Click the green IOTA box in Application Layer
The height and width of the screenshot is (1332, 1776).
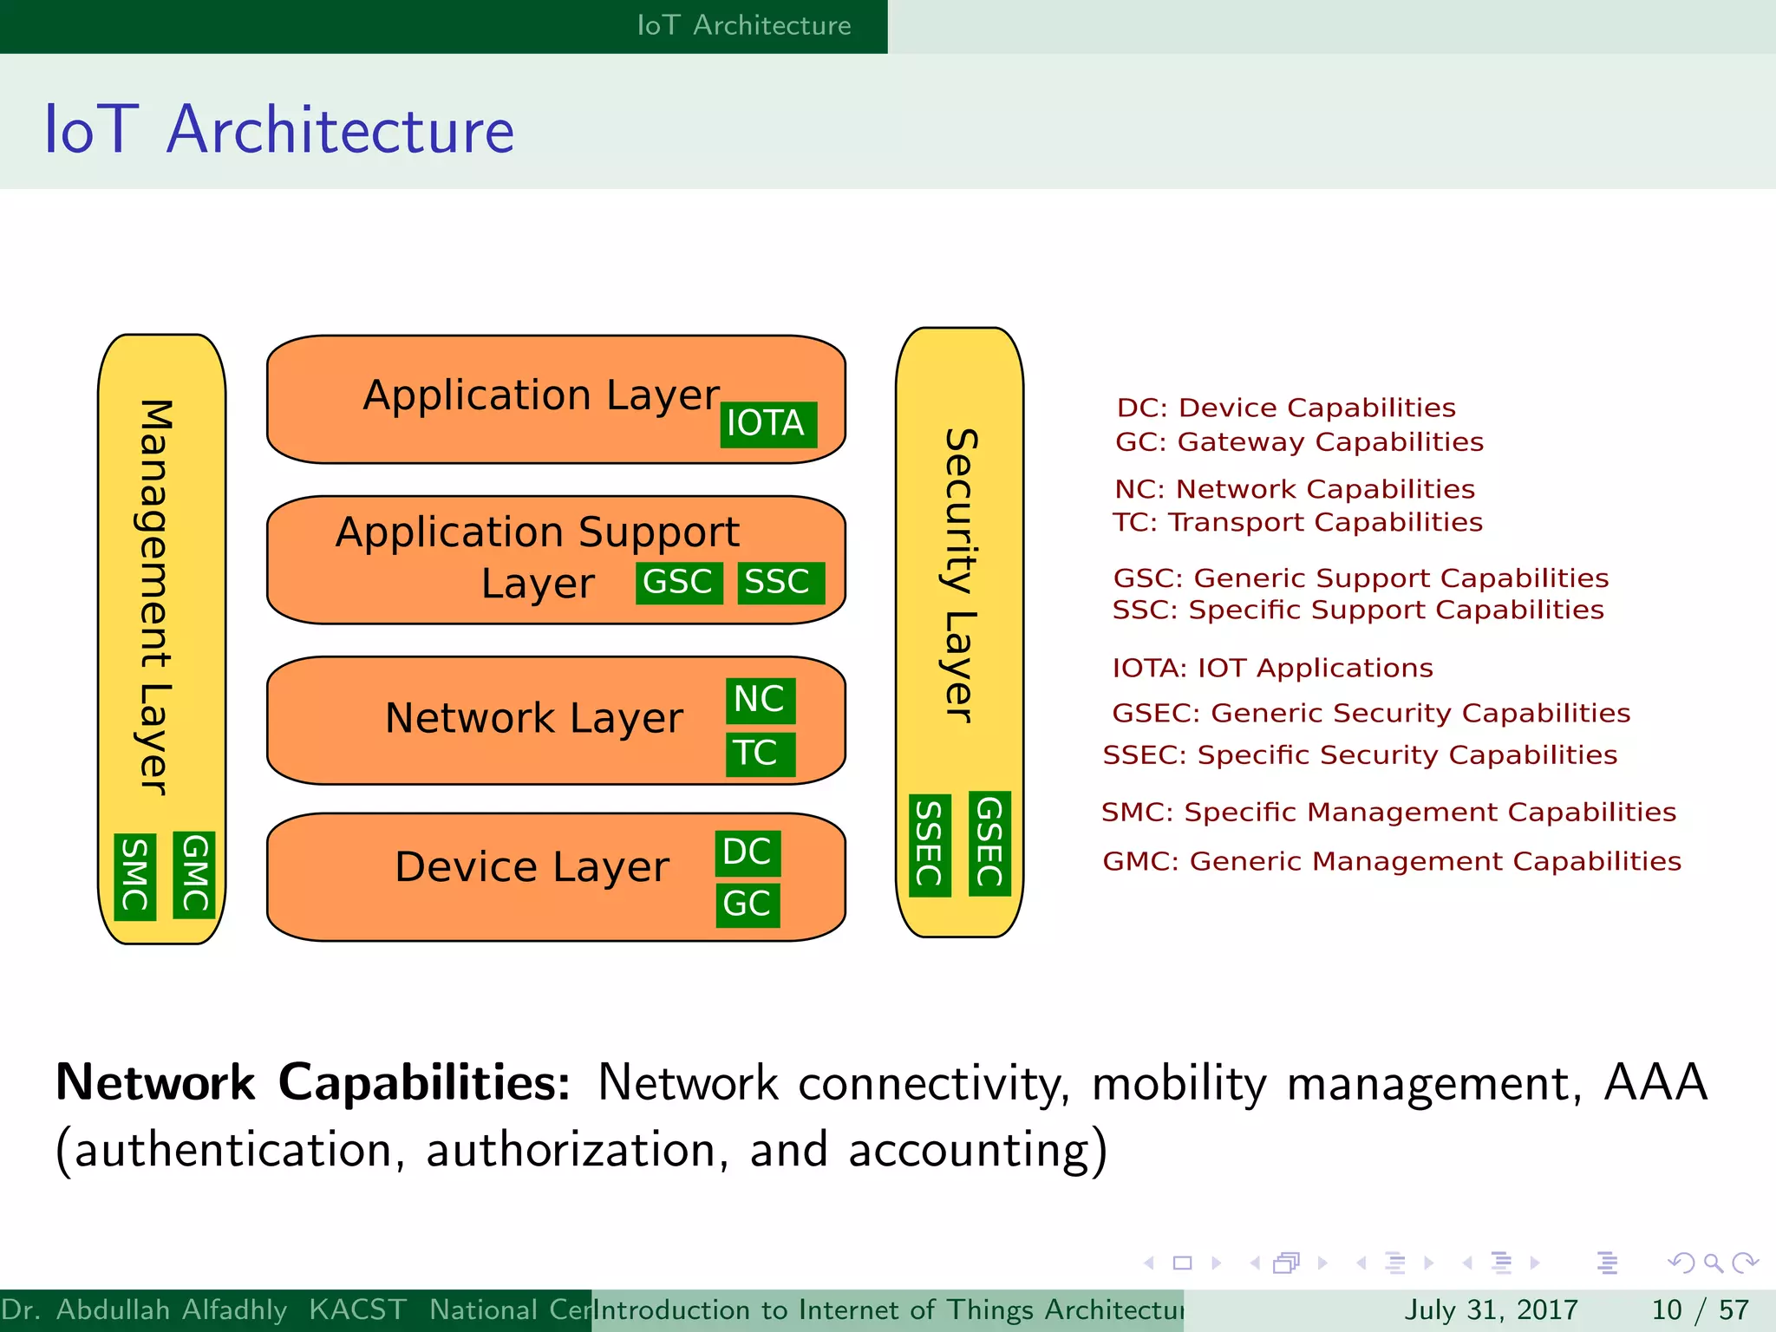click(x=768, y=424)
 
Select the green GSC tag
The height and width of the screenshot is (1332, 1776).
click(x=679, y=582)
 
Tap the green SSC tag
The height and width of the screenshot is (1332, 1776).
click(x=780, y=582)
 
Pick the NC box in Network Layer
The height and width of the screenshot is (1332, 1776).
click(x=761, y=700)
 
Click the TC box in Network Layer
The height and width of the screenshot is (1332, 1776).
click(x=761, y=753)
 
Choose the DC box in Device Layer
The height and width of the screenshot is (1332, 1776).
click(x=748, y=852)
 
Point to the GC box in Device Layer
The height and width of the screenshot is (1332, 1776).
click(x=748, y=904)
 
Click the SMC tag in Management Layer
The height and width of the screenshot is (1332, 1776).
click(x=135, y=877)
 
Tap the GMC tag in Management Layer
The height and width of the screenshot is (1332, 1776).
click(x=194, y=874)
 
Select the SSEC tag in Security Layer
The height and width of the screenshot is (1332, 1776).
click(x=930, y=845)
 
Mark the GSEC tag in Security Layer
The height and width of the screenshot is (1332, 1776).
click(x=989, y=843)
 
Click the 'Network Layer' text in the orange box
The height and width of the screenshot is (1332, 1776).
click(x=534, y=719)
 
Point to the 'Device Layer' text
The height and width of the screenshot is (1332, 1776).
click(x=532, y=867)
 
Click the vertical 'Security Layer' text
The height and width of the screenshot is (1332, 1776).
click(x=960, y=576)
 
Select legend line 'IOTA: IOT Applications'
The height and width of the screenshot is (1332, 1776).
click(x=1272, y=668)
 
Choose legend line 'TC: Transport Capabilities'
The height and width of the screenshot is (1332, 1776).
click(x=1297, y=522)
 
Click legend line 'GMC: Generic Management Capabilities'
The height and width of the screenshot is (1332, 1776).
click(x=1391, y=861)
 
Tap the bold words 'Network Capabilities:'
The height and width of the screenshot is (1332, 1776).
click(x=312, y=1082)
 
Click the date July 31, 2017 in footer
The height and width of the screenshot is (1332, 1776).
click(x=1491, y=1309)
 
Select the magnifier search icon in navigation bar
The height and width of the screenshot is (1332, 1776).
click(x=1713, y=1263)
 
